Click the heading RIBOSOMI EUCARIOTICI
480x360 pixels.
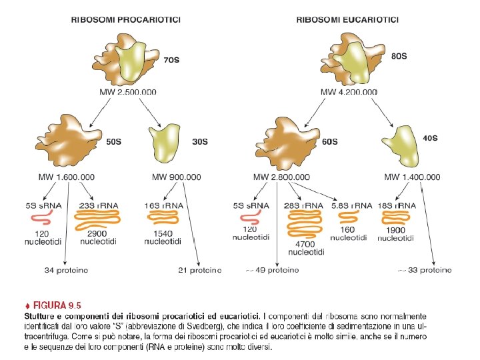coord(347,20)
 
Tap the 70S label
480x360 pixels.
coord(171,60)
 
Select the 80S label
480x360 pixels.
coord(398,57)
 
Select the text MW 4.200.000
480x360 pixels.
coord(349,92)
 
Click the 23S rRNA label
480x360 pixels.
coord(98,205)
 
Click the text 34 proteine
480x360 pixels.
coord(65,270)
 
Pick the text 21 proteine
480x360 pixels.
coord(199,270)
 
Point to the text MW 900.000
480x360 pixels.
coord(176,177)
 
